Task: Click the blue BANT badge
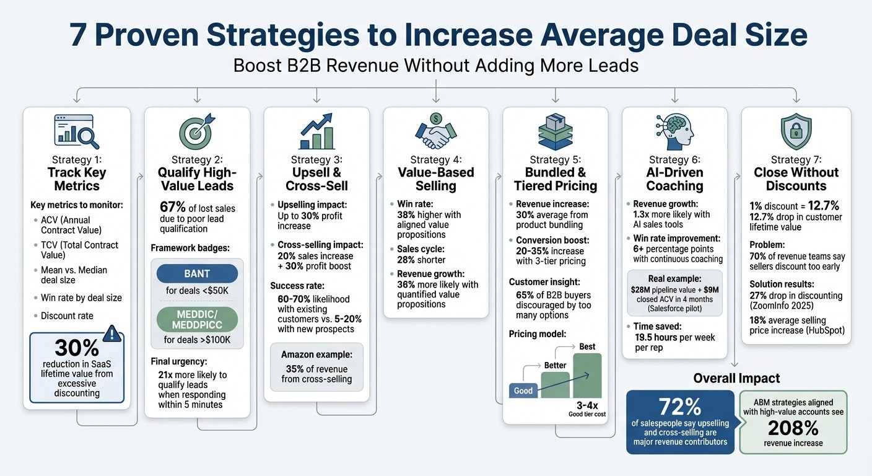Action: tap(197, 273)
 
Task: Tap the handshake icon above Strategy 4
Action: tap(436, 131)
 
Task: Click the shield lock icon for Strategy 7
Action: tap(796, 131)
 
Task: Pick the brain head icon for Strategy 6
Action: tap(674, 131)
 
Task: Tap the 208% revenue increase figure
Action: tap(793, 428)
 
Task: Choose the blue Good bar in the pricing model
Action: tap(523, 390)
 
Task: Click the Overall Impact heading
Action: tap(736, 378)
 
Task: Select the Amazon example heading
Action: tap(316, 355)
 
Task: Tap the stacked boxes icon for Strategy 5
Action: tap(555, 131)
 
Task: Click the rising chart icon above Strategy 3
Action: tap(316, 131)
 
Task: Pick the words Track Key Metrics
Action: tap(77, 179)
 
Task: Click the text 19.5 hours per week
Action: tap(674, 337)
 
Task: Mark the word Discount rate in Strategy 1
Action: tap(67, 315)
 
